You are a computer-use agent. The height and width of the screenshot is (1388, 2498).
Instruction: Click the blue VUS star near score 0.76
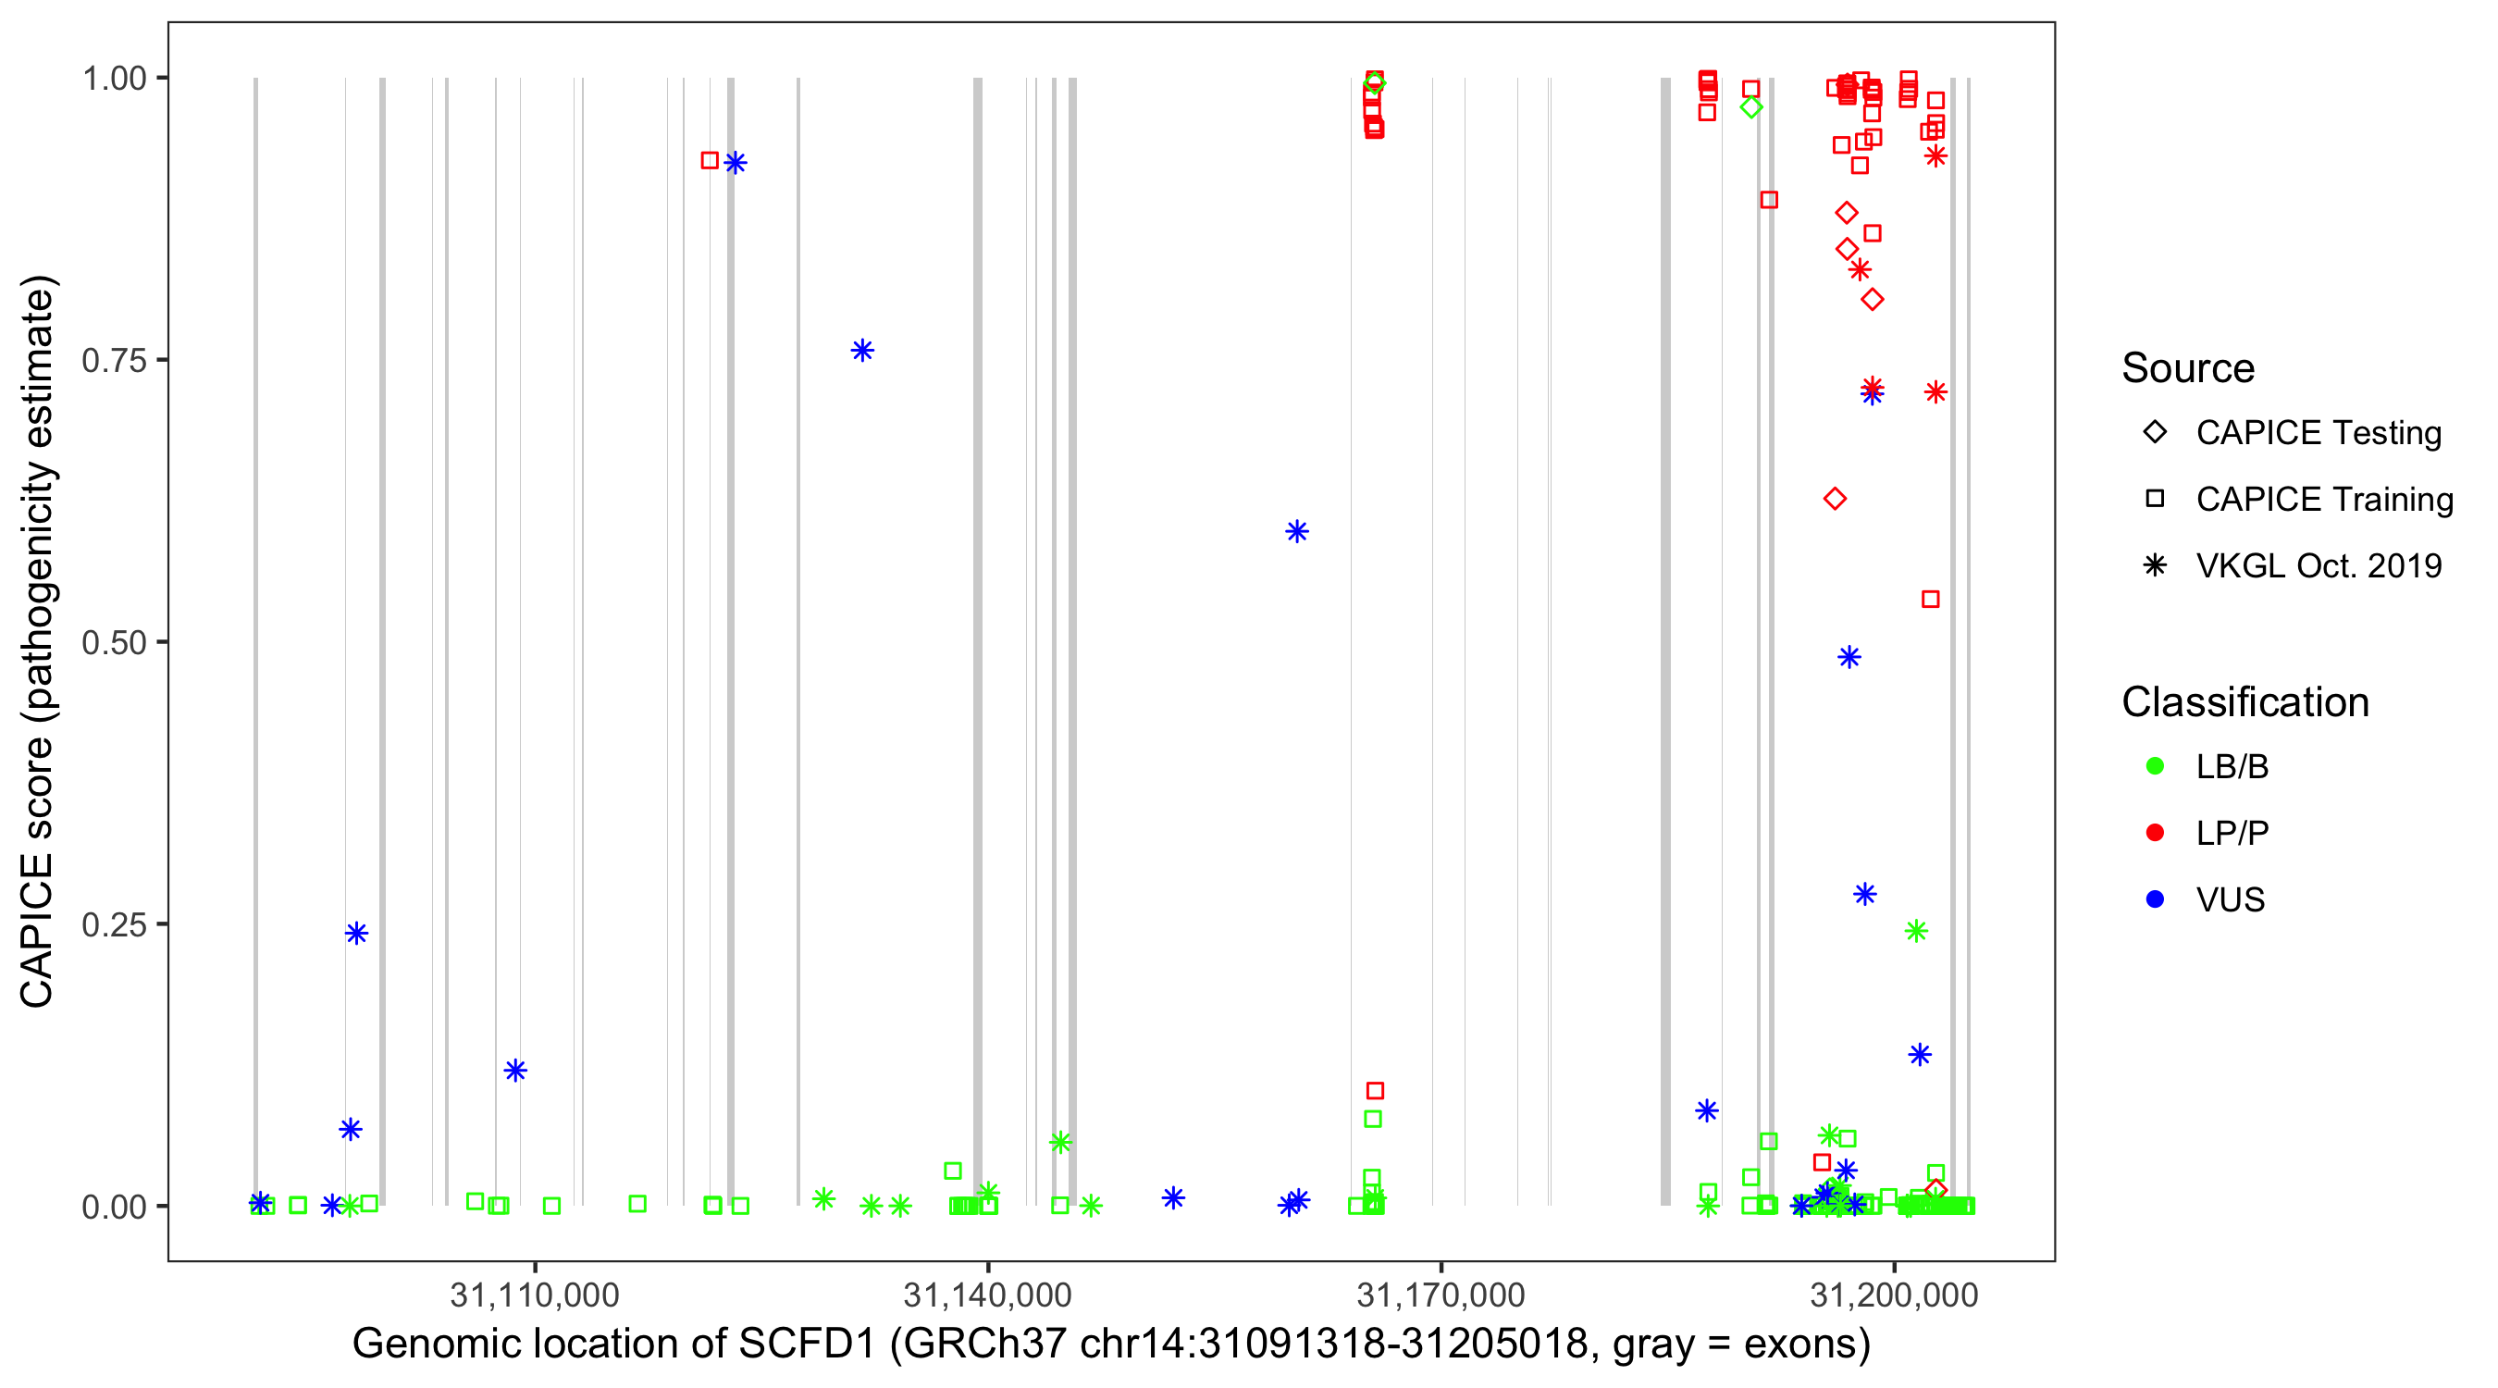click(x=862, y=350)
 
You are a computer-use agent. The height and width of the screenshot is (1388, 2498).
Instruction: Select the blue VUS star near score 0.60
click(x=1296, y=530)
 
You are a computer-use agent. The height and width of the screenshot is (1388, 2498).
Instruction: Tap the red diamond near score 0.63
click(x=1834, y=499)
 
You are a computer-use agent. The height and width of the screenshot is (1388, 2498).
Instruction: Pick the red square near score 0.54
click(x=1930, y=600)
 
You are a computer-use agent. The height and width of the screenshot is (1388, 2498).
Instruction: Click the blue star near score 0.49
click(x=1849, y=657)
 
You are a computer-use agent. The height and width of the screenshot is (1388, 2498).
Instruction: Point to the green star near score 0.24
click(x=1915, y=931)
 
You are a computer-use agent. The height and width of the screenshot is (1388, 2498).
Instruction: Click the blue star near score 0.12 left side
click(x=515, y=1070)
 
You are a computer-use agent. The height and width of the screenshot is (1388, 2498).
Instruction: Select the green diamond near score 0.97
click(x=1750, y=107)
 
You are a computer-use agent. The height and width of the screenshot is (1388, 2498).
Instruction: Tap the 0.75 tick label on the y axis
click(x=114, y=361)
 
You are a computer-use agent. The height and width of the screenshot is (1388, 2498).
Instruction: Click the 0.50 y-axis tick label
click(x=114, y=642)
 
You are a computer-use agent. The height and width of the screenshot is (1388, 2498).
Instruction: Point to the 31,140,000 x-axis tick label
click(x=987, y=1295)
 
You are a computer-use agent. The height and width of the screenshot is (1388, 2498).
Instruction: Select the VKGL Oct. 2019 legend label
click(x=2319, y=565)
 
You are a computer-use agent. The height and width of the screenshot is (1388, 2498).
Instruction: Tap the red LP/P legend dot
click(x=2155, y=833)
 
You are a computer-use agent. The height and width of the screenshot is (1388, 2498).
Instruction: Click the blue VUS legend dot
click(x=2155, y=899)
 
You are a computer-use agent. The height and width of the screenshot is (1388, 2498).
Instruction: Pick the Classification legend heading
click(x=2244, y=702)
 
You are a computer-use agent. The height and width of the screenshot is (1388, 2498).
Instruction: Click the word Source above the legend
click(x=2188, y=368)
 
